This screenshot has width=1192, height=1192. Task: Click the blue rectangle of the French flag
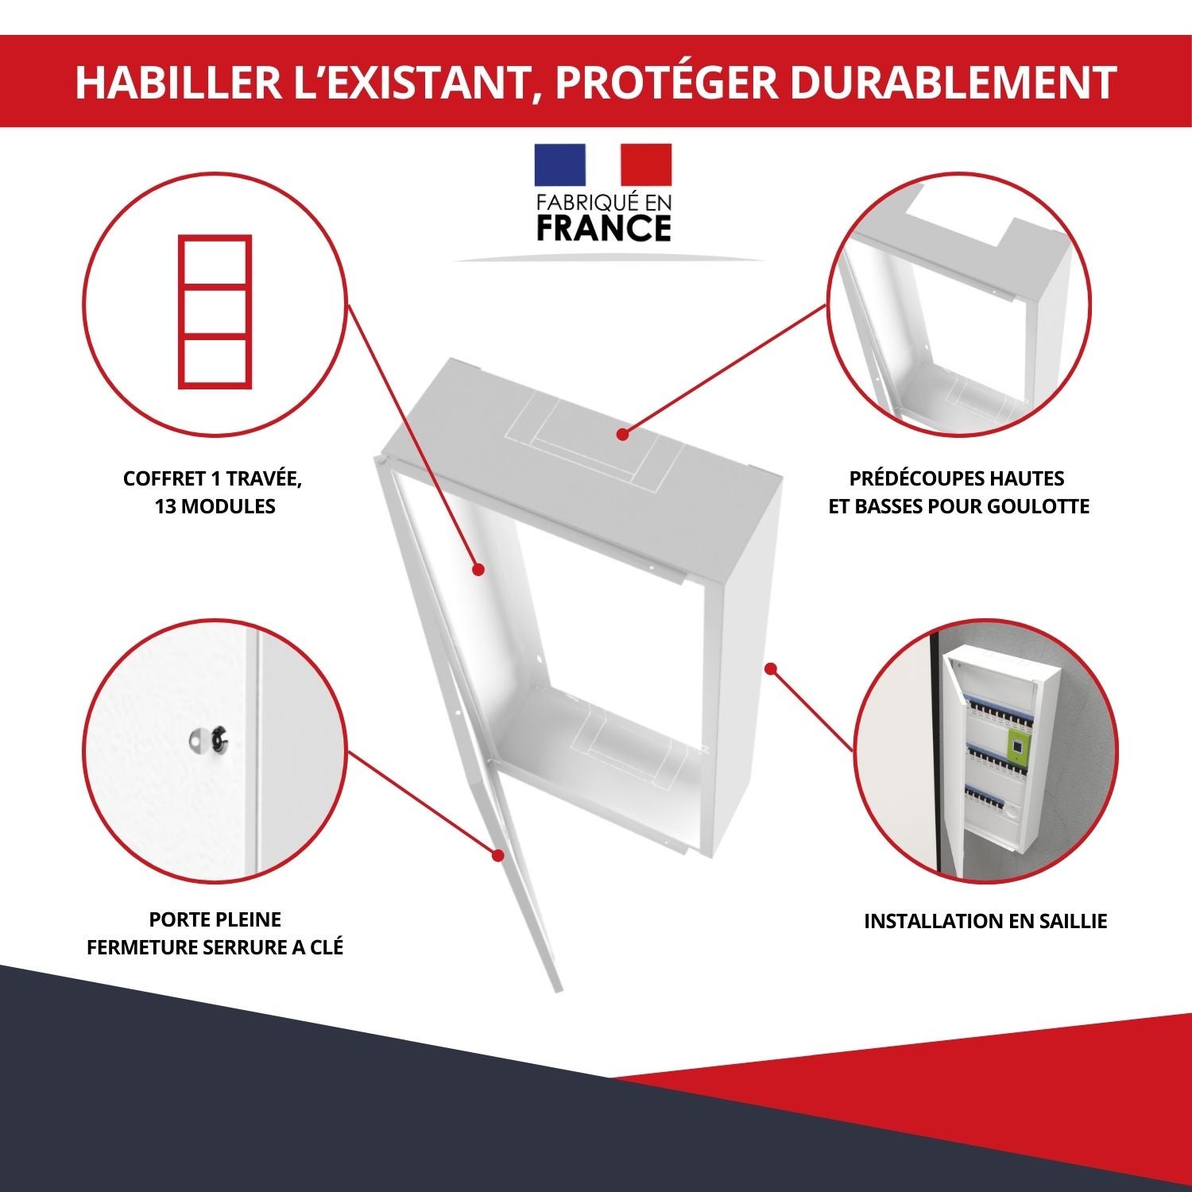tap(559, 164)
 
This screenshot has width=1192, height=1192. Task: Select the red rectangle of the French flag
tap(645, 164)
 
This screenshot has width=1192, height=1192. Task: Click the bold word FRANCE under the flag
tap(604, 228)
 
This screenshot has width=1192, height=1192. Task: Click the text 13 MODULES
tap(215, 506)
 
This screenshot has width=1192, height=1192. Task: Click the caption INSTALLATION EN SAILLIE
tap(985, 921)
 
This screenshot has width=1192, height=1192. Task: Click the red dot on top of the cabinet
tap(622, 434)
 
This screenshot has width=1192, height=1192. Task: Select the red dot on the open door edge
tap(498, 856)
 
